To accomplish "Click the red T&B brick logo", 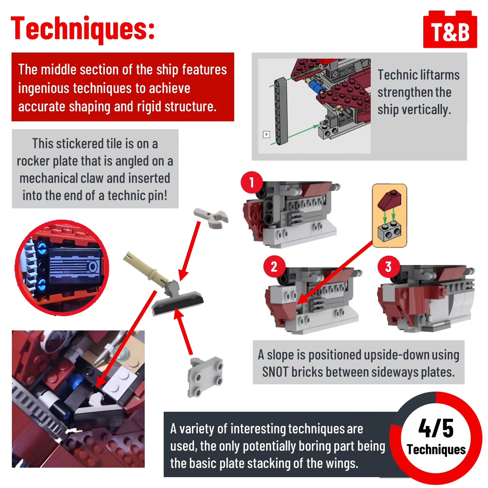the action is coord(450,29).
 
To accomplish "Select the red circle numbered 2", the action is coord(274,267).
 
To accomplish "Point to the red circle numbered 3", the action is coord(388,267).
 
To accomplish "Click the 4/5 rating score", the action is coord(435,428).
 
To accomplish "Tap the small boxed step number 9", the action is coord(266,134).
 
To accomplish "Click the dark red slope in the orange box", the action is coord(389,200).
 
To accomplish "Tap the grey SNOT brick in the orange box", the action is coord(389,232).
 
